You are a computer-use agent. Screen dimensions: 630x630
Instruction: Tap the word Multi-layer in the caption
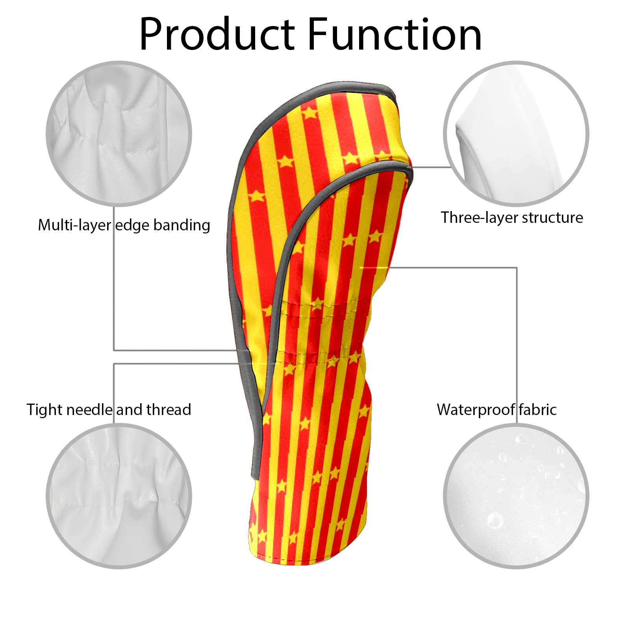(x=74, y=225)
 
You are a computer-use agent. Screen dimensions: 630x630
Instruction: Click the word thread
(x=169, y=410)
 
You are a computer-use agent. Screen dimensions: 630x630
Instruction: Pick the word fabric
(x=537, y=410)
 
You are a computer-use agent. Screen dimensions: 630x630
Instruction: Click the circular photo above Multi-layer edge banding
(x=119, y=133)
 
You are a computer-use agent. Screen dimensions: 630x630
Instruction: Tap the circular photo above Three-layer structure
(x=516, y=133)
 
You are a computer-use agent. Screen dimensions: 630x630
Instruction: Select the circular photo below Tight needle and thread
(x=119, y=496)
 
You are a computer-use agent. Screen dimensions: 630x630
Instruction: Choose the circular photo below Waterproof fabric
(x=516, y=496)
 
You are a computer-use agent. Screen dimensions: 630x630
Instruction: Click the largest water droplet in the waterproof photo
(x=495, y=520)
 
